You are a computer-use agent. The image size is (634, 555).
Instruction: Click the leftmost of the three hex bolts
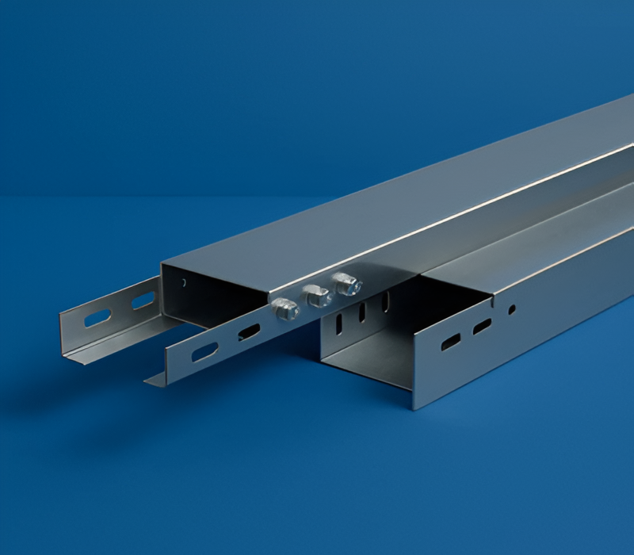click(285, 308)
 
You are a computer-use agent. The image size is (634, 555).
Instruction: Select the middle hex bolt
click(316, 296)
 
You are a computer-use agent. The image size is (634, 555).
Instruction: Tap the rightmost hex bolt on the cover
click(346, 284)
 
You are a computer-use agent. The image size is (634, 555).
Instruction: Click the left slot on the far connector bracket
click(98, 319)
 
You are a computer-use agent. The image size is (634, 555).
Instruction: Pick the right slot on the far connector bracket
click(143, 301)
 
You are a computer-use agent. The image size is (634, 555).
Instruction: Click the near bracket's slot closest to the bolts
click(248, 332)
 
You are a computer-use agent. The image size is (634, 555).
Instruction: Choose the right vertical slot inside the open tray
click(386, 301)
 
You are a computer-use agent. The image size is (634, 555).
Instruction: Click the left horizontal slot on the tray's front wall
click(450, 342)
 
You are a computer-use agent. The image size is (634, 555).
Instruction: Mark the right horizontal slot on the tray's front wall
click(482, 326)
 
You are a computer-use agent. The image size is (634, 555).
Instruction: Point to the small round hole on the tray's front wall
click(512, 309)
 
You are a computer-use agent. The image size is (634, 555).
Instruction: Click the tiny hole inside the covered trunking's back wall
click(184, 281)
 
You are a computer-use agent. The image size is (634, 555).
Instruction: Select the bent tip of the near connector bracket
click(151, 382)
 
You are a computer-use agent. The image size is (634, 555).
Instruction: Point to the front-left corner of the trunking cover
click(162, 263)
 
